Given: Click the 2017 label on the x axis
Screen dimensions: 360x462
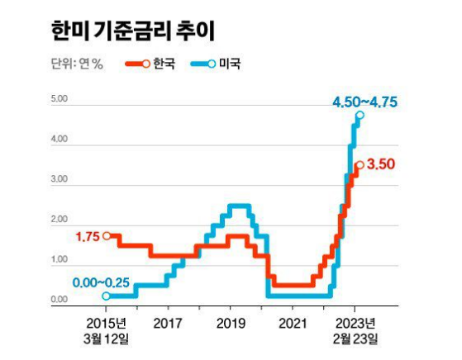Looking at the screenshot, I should point(167,322).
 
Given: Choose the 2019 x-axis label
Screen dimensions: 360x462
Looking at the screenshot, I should point(231,322).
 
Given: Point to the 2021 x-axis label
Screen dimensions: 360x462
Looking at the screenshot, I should point(295,322).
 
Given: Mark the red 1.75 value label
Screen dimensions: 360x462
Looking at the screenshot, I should point(87,236).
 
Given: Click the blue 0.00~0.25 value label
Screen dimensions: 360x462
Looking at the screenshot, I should point(101,282).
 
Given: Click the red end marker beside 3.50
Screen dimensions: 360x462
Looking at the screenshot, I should point(360,165).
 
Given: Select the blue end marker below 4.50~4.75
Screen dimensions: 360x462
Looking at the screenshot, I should point(360,115).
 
